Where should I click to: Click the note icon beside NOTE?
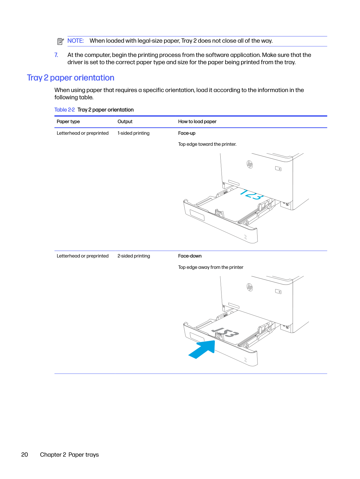pos(60,41)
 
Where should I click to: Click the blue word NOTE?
pos(75,41)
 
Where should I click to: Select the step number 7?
pos(56,55)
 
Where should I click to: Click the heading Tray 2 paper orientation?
pos(71,78)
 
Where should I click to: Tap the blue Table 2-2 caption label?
pos(64,110)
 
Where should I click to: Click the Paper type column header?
pos(68,122)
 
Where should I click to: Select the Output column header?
pos(125,122)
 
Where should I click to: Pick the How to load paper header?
pos(197,122)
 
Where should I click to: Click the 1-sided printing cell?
pos(133,133)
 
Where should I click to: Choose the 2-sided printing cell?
pos(134,256)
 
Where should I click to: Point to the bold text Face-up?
pos(187,133)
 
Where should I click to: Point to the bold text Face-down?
pos(190,256)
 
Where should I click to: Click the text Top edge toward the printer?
pos(207,144)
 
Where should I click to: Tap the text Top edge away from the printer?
pos(210,267)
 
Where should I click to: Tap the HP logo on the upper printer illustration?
pos(250,165)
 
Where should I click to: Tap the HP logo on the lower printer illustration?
pos(250,287)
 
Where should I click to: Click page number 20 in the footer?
pos(25,455)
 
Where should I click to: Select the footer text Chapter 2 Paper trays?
pos(69,455)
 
